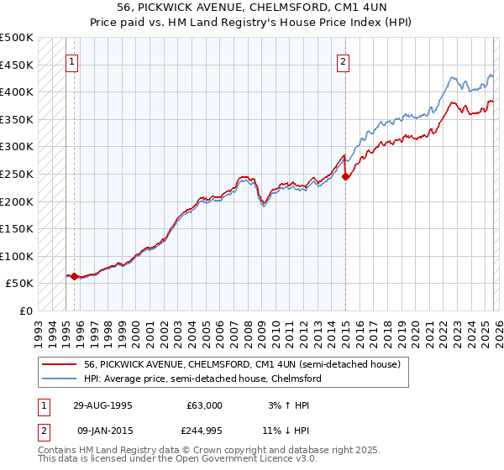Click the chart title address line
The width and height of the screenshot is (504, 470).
pyautogui.click(x=251, y=7)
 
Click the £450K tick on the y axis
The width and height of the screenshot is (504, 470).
pyautogui.click(x=17, y=65)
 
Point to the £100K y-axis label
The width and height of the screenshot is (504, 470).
pyautogui.click(x=17, y=256)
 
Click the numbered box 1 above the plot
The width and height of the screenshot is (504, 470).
pyautogui.click(x=73, y=60)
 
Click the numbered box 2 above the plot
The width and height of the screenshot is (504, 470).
pyautogui.click(x=344, y=60)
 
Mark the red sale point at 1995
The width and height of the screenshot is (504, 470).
pyautogui.click(x=74, y=275)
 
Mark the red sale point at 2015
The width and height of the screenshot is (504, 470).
pyautogui.click(x=345, y=176)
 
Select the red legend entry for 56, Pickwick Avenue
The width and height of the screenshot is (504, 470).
pyautogui.click(x=244, y=365)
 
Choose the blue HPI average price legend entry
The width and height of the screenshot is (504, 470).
pyautogui.click(x=202, y=379)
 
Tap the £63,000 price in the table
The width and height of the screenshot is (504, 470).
pyautogui.click(x=205, y=405)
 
